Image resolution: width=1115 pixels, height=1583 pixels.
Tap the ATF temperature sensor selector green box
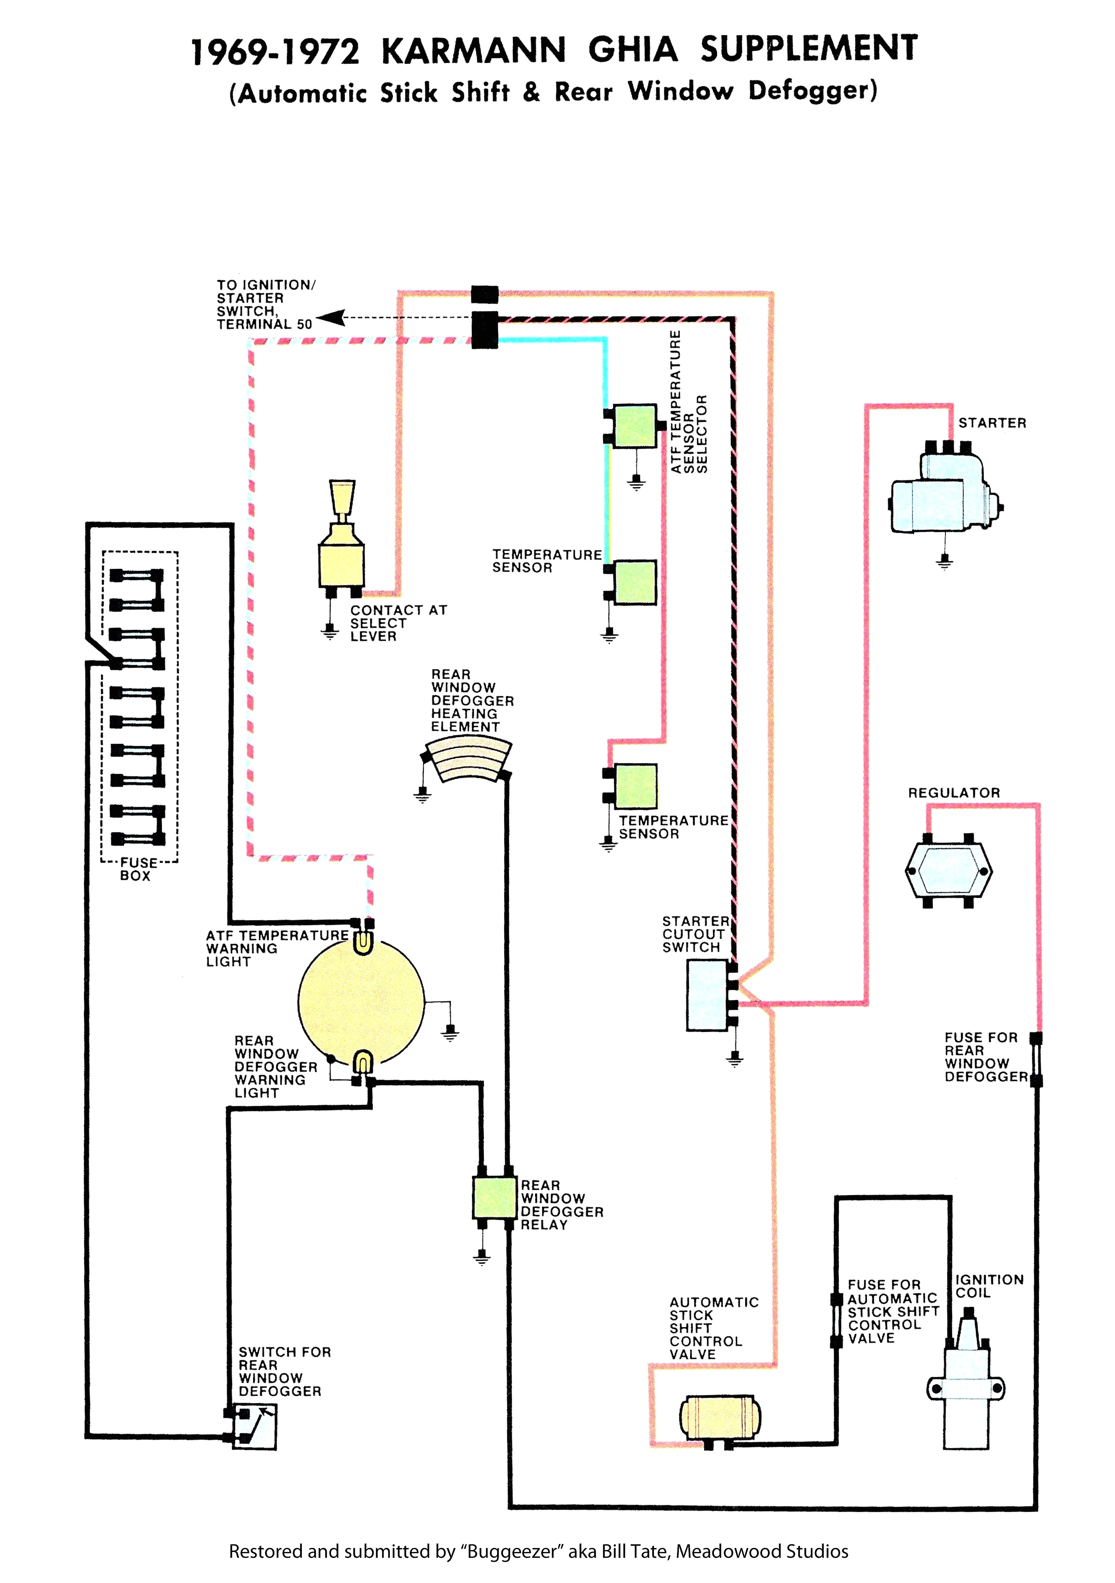[634, 425]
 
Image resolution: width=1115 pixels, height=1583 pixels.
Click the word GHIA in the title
[633, 50]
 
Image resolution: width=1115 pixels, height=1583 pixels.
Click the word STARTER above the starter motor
[992, 423]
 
